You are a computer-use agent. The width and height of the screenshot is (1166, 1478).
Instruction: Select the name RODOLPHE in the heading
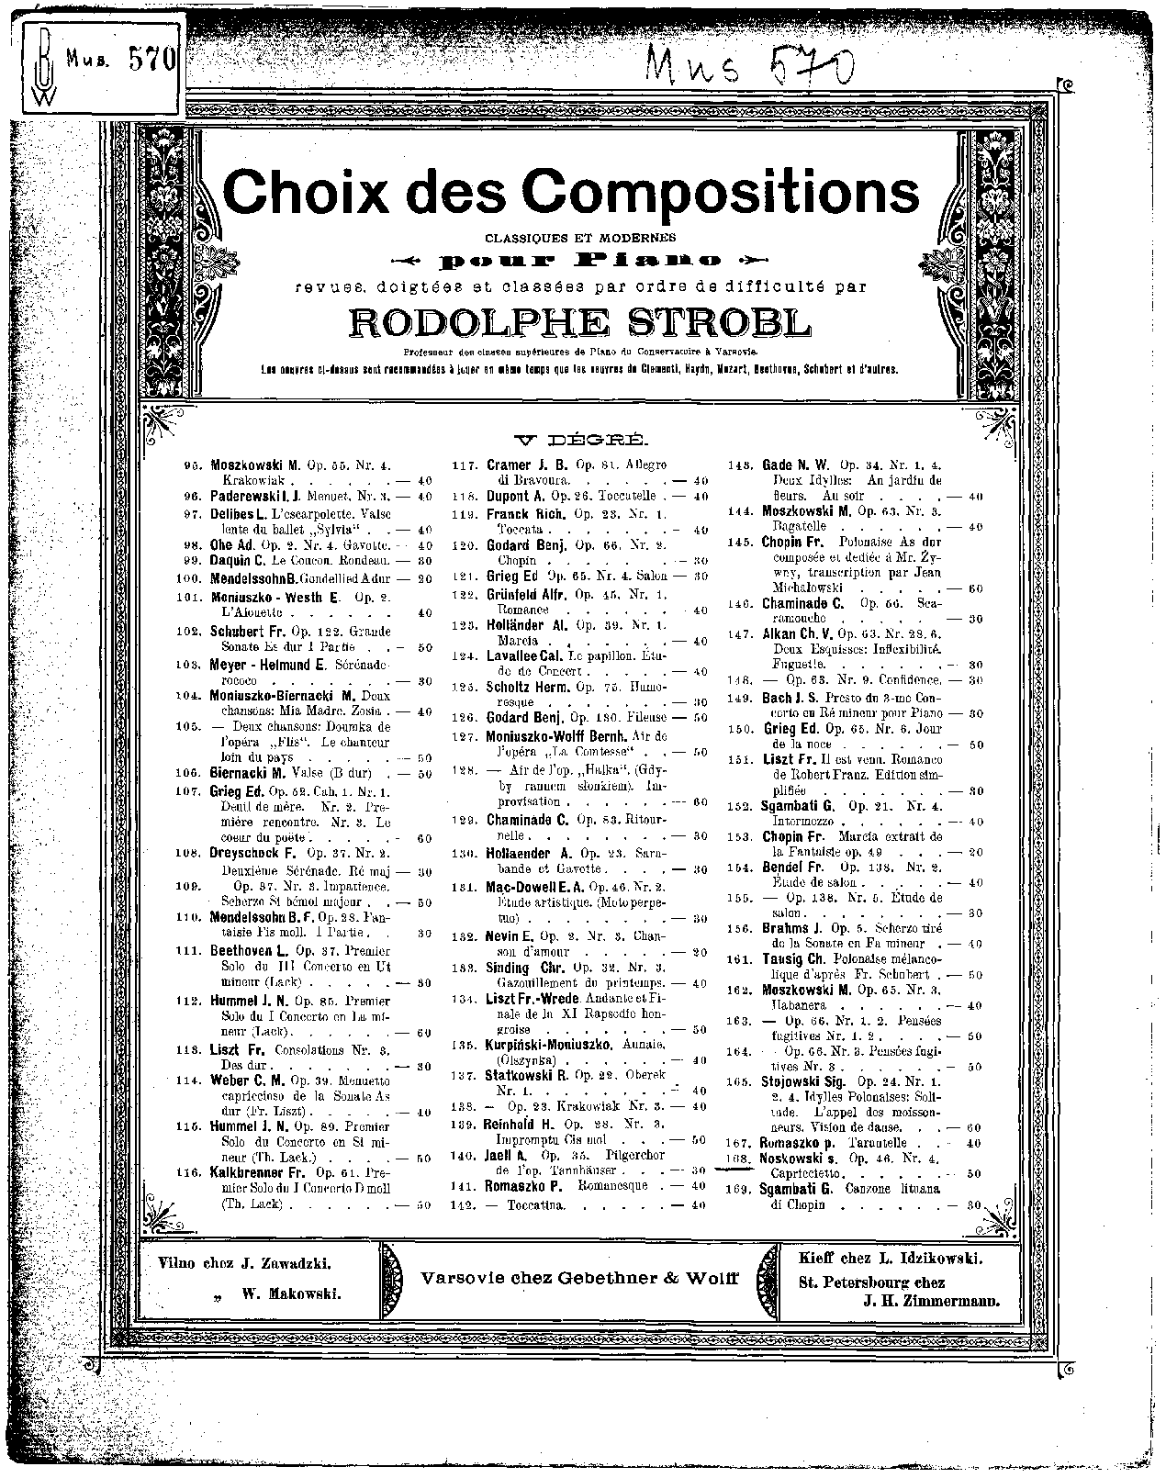[x=471, y=323]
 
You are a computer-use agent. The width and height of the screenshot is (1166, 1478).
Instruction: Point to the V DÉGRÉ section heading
[x=583, y=439]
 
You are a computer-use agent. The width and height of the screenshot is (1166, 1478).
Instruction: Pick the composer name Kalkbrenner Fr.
[x=259, y=1173]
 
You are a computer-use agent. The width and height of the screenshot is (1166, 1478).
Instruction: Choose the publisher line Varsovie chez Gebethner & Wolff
[x=579, y=1278]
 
